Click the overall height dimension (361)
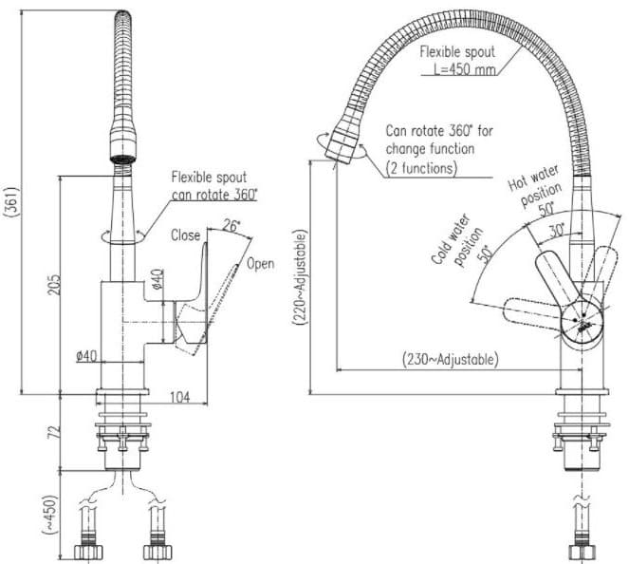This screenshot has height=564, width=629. pos(9,200)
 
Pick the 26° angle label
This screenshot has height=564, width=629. pos(231,225)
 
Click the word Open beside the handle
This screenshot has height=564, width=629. pos(260,263)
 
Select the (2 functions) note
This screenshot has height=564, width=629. pos(421,167)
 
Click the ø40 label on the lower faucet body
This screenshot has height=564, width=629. pos(87,356)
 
